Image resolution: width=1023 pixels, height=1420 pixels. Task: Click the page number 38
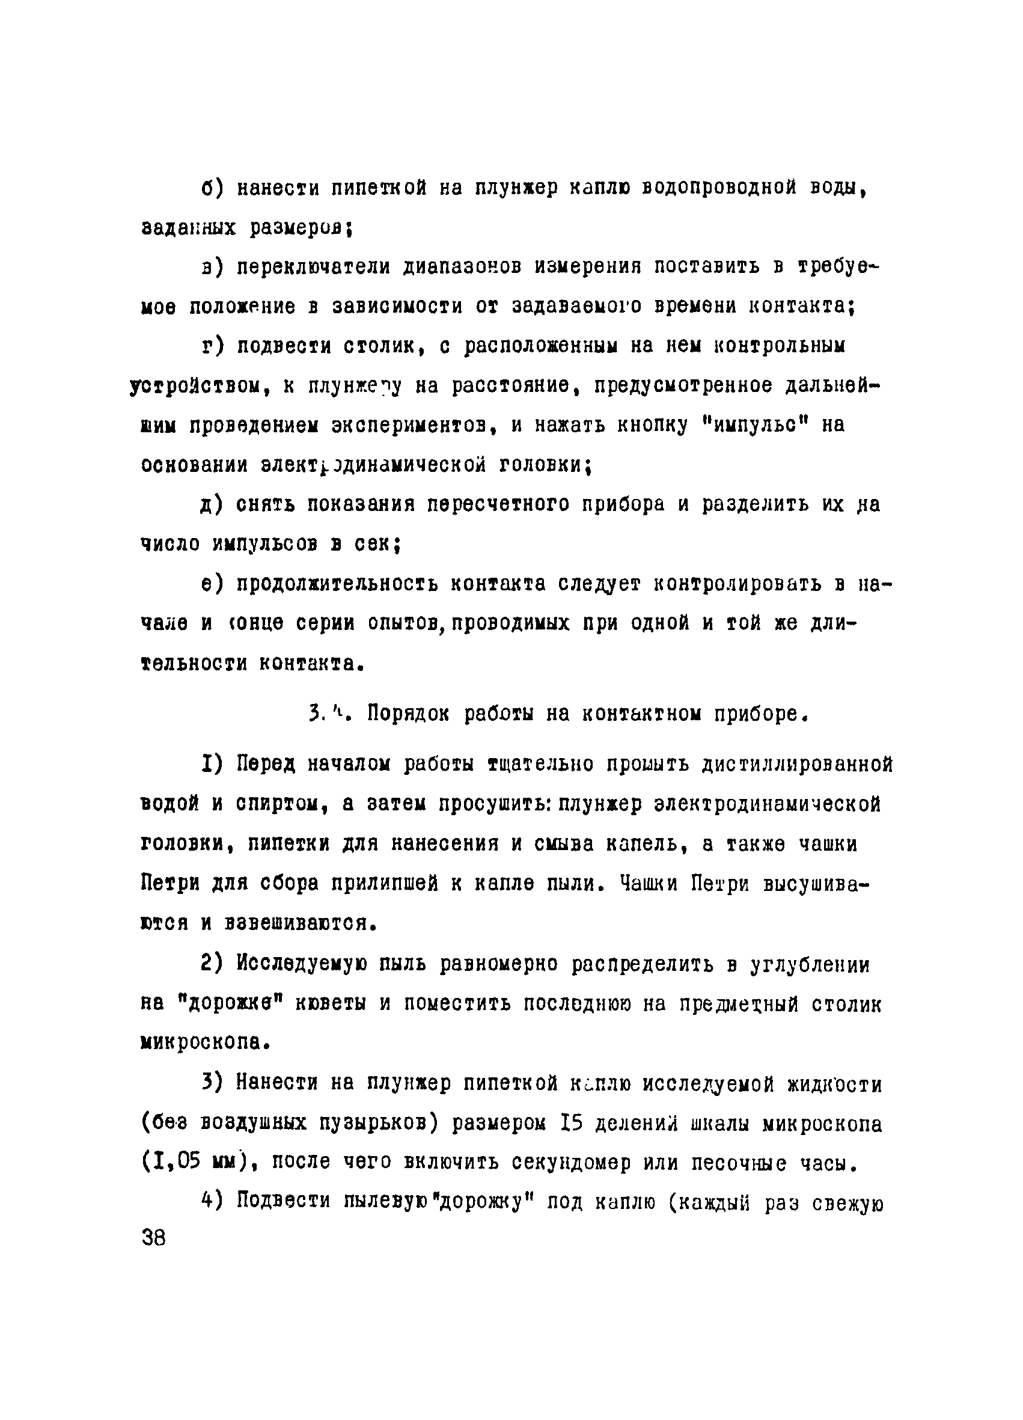[x=154, y=1238]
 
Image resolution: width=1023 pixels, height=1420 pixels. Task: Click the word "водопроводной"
[x=719, y=188]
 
